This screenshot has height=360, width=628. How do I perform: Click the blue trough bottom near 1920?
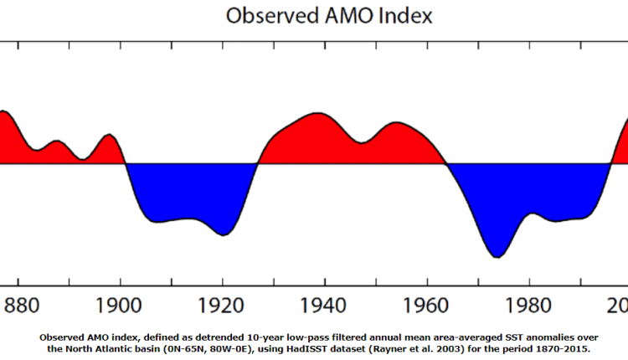[223, 235]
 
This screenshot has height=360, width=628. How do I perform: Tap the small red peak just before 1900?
[108, 134]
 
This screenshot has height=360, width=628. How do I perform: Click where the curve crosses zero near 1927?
[258, 163]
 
